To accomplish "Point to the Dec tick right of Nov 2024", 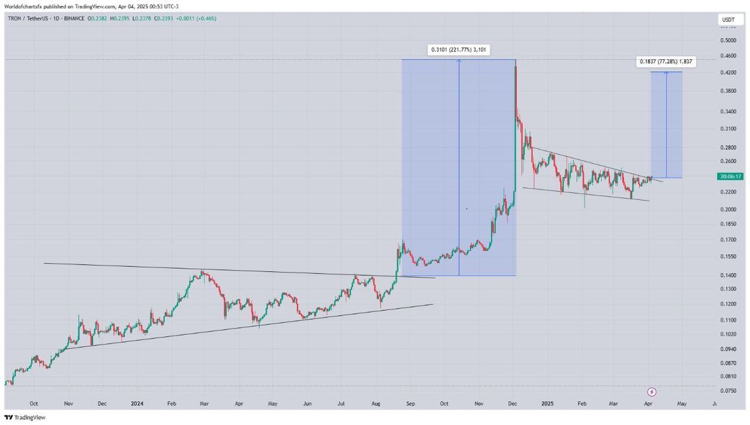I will click(x=512, y=404).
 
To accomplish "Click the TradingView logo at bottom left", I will click(x=25, y=417).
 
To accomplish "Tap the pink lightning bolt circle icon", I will click(x=652, y=392).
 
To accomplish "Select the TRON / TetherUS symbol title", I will click(x=27, y=18).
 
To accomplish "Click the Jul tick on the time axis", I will click(x=341, y=404).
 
